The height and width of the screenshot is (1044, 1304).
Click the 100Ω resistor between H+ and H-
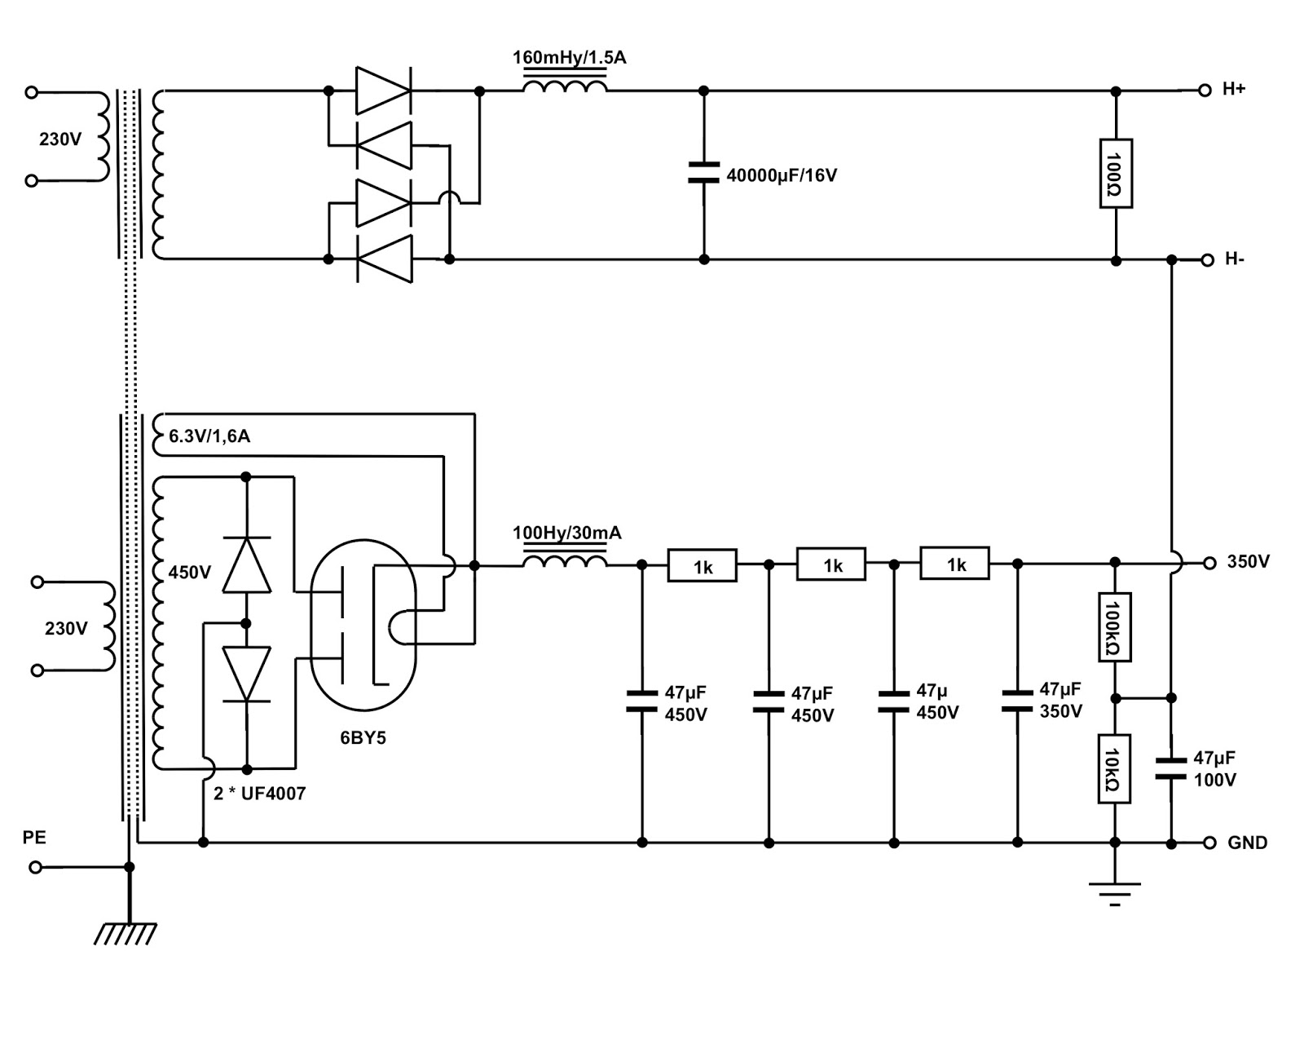coord(1116,174)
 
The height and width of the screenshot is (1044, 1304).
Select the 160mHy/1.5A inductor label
coord(569,58)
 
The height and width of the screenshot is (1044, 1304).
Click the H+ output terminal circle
coord(1205,91)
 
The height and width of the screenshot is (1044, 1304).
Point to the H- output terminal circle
coord(1207,260)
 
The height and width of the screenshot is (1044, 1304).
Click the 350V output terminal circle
coord(1209,563)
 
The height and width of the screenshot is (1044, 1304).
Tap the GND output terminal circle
coord(1209,843)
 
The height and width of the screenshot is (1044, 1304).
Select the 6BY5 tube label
coord(363,738)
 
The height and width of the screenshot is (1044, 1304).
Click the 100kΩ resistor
coord(1114,626)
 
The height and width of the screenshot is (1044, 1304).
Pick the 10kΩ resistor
coord(1114,769)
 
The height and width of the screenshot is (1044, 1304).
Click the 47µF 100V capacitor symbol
coord(1171,769)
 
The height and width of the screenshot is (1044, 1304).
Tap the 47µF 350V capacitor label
coord(1060,701)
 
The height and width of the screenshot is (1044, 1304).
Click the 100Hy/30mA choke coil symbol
coord(565,563)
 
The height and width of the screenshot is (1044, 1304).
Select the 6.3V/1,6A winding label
coord(209,436)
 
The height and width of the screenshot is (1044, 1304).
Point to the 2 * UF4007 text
coord(259,794)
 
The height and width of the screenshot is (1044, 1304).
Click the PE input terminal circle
coord(35,867)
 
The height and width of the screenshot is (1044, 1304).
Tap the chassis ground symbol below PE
coord(126,932)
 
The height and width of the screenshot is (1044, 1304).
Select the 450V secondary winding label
coord(189,573)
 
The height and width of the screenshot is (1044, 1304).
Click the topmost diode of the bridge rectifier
coord(383,91)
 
